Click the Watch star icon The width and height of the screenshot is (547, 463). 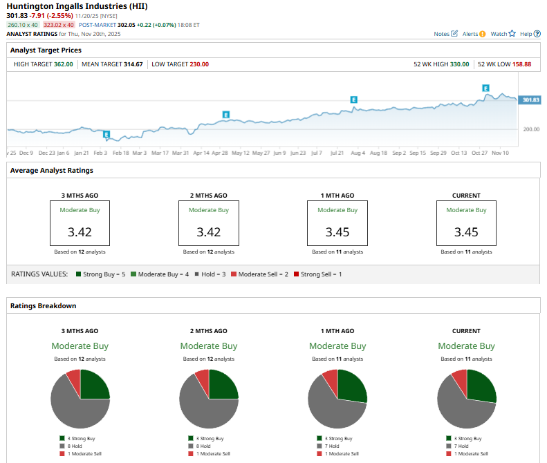[512, 33]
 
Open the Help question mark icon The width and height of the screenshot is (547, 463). [537, 33]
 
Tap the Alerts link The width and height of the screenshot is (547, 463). [470, 33]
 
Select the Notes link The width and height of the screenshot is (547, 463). [442, 33]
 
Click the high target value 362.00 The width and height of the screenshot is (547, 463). [64, 64]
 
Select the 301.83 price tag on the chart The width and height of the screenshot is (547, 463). [530, 100]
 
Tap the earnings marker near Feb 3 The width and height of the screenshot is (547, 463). [106, 134]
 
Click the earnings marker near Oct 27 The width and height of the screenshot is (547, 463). [485, 88]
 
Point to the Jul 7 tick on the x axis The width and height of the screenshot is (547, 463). [317, 152]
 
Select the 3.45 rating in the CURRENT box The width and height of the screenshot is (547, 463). [466, 231]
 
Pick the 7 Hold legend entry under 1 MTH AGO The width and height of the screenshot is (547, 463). [337, 446]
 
